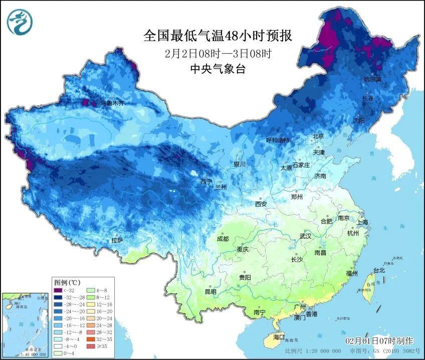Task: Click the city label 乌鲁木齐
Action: tap(112, 103)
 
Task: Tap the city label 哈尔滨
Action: tap(372, 80)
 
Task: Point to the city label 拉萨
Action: tap(117, 241)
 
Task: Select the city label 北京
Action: tap(318, 136)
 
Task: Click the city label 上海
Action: tap(362, 222)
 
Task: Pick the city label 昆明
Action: tap(210, 291)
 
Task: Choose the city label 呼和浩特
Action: tap(277, 140)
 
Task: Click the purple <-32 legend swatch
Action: tap(58, 290)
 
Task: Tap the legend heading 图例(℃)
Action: tap(68, 282)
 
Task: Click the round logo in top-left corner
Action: tap(19, 22)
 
